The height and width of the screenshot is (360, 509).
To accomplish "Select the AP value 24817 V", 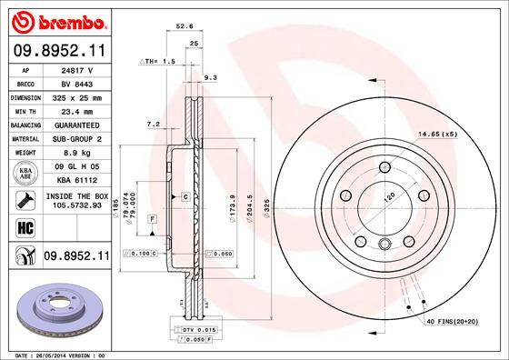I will pos(75,69).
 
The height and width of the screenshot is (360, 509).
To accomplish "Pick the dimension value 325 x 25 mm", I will pos(75,95).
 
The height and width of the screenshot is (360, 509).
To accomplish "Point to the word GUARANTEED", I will pos(75,124).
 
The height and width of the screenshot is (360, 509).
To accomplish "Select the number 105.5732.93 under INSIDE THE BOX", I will pos(75,205).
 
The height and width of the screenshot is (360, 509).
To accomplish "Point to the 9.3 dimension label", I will pos(210,78).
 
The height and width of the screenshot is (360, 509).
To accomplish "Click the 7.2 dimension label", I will pos(153,123).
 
